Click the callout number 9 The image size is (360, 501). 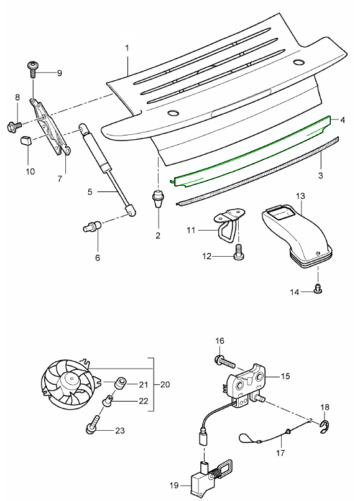click(x=60, y=73)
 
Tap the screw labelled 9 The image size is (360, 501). click(x=32, y=69)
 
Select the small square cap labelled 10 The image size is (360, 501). click(x=26, y=140)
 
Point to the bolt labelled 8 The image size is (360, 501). click(x=14, y=126)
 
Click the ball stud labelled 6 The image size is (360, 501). click(x=93, y=227)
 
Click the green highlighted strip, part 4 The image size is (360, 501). click(x=251, y=151)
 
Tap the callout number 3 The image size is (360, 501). click(x=321, y=175)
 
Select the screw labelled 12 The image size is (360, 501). click(x=238, y=252)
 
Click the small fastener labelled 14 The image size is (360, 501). click(x=318, y=288)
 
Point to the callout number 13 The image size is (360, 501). click(x=300, y=196)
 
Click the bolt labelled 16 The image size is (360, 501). click(x=224, y=362)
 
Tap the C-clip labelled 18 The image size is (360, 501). click(x=325, y=427)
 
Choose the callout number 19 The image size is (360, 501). click(x=174, y=485)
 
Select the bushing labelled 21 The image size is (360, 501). click(x=121, y=382)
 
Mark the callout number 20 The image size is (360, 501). click(x=165, y=384)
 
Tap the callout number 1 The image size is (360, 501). click(x=127, y=48)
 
